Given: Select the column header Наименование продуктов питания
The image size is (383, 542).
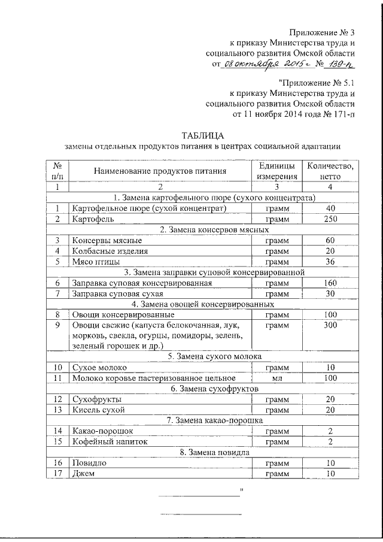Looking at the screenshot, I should click(x=159, y=171).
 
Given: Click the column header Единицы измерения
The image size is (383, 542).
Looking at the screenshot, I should click(x=276, y=171).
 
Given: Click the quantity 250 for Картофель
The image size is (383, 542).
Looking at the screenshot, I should click(x=330, y=219).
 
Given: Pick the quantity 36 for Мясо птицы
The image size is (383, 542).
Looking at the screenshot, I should click(x=330, y=262).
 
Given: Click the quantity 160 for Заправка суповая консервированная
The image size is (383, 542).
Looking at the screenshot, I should click(x=330, y=283).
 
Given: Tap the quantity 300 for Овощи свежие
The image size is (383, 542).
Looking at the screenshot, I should click(x=330, y=325).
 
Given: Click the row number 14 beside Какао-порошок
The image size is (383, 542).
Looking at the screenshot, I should click(x=58, y=431).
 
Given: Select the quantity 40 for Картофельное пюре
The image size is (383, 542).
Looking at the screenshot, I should click(x=330, y=208).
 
